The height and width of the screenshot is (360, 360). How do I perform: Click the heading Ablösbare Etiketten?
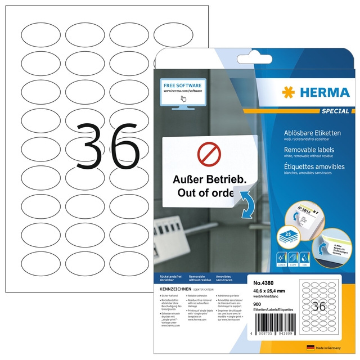pos(309,132)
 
